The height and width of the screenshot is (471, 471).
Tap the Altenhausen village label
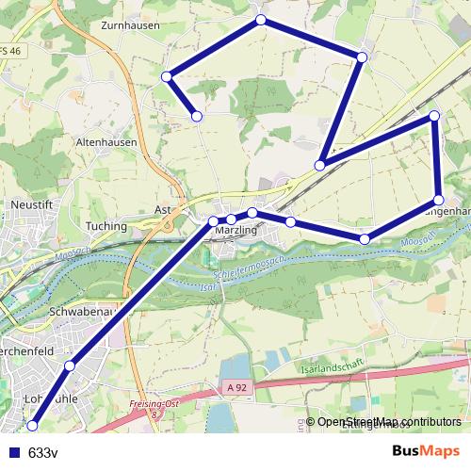point(106,142)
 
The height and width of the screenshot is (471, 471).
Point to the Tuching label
point(106,226)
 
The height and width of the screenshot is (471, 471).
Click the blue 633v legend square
point(14,452)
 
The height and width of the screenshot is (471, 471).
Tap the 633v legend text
point(43,452)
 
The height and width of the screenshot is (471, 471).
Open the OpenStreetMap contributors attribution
point(388,422)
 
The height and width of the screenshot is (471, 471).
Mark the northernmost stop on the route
point(261,20)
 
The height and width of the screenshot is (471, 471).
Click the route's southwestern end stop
point(33,426)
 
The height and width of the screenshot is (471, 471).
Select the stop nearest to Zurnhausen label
point(167,76)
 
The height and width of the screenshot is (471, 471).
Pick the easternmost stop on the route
point(439,200)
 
